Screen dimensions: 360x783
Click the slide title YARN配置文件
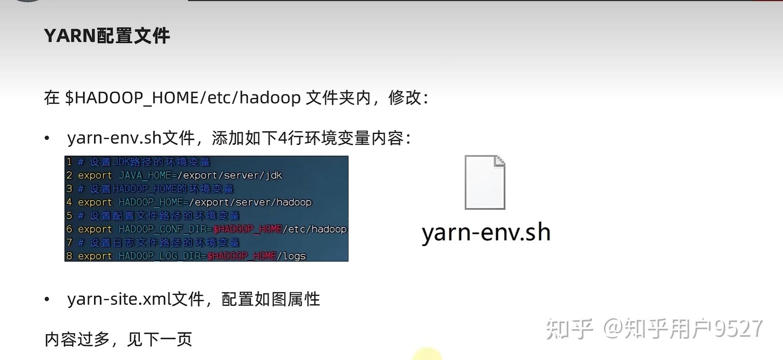107,36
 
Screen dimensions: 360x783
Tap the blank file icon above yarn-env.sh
485,183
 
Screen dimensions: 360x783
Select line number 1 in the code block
69,162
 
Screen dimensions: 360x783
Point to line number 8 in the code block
69,256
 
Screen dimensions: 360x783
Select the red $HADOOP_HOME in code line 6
248,229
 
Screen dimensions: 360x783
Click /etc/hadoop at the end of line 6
315,229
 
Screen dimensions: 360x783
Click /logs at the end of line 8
291,256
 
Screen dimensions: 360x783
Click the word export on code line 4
95,202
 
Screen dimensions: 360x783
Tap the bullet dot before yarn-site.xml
47,299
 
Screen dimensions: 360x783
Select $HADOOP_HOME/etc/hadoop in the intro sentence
183,98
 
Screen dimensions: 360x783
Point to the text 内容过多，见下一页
118,340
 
